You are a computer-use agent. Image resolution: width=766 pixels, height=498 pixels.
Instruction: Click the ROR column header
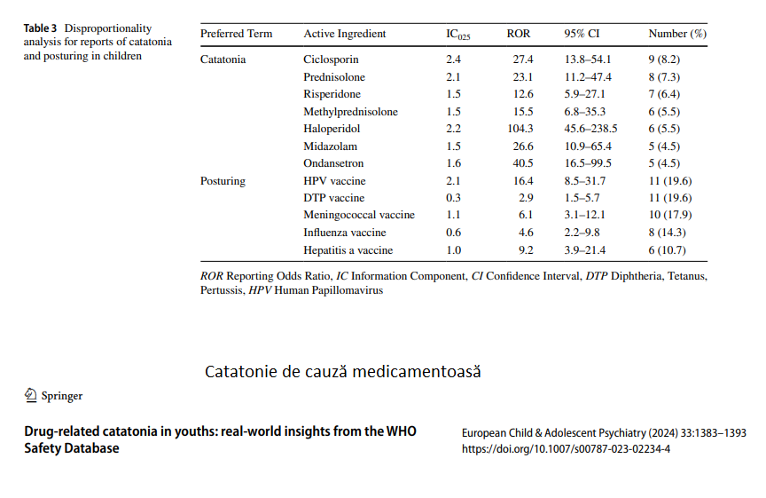pos(519,34)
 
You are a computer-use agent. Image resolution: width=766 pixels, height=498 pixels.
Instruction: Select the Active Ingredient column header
pos(344,34)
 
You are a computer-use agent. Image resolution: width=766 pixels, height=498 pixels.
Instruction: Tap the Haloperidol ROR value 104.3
pos(520,129)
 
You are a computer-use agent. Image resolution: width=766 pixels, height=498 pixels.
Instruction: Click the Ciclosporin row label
pos(331,59)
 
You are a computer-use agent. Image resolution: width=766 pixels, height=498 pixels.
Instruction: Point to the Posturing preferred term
pos(223,181)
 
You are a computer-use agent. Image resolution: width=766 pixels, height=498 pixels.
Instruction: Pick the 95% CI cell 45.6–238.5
pos(590,129)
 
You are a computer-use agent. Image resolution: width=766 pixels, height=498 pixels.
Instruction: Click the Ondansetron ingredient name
pos(333,163)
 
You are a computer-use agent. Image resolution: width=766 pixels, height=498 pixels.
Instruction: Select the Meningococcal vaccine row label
pos(358,215)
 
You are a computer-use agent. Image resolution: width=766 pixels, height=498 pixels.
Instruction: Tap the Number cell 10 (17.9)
pos(669,215)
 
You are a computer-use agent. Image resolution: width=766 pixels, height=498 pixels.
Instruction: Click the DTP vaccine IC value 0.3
pos(453,198)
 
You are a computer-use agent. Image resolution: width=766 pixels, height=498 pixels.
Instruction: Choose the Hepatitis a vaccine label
pos(348,250)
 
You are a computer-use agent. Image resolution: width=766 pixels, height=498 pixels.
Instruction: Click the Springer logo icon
pos(31,395)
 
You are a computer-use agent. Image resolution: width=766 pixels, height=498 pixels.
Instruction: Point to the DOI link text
pos(566,449)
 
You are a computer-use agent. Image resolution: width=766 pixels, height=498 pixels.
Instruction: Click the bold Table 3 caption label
pos(40,28)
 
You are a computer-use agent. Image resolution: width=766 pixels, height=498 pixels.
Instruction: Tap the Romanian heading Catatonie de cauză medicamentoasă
pos(342,372)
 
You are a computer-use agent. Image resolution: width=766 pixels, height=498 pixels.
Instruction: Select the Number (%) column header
pos(677,34)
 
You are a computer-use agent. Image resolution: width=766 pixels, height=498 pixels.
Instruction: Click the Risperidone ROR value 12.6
pos(523,94)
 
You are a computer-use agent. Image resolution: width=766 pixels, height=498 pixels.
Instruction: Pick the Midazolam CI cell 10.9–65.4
pos(588,146)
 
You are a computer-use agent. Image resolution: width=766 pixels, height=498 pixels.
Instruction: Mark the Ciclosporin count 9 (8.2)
pos(664,59)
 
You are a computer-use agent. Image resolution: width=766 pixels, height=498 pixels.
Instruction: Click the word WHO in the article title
pos(401,431)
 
